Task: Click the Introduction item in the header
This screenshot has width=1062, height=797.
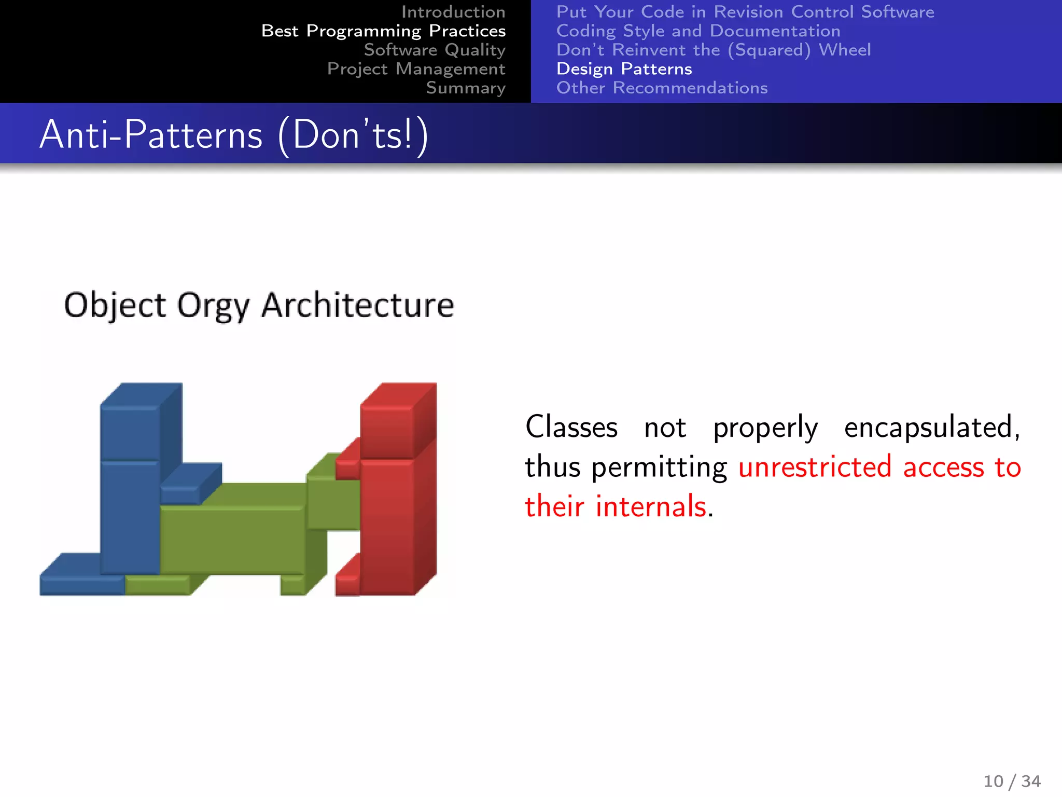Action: (453, 12)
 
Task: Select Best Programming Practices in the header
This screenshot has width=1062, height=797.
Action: (383, 31)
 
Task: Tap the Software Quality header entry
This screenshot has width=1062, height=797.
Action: (434, 50)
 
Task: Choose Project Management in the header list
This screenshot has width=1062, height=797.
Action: (416, 69)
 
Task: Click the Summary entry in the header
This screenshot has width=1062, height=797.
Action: (465, 88)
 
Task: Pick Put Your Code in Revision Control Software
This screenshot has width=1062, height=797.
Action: (745, 12)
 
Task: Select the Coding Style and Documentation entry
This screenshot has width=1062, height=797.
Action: (698, 31)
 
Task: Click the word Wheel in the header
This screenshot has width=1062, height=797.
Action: (845, 50)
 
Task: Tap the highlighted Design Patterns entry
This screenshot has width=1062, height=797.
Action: (624, 69)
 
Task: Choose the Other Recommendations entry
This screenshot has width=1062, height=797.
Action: (662, 88)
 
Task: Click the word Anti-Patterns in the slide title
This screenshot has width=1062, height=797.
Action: (151, 135)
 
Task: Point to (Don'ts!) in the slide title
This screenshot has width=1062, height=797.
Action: (353, 135)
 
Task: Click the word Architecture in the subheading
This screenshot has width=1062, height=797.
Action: (358, 305)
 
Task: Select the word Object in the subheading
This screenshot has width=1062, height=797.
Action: (115, 305)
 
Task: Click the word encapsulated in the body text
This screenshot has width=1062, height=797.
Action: (931, 428)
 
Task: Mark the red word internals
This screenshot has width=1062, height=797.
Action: (651, 506)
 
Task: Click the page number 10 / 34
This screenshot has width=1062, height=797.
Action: (1012, 781)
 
